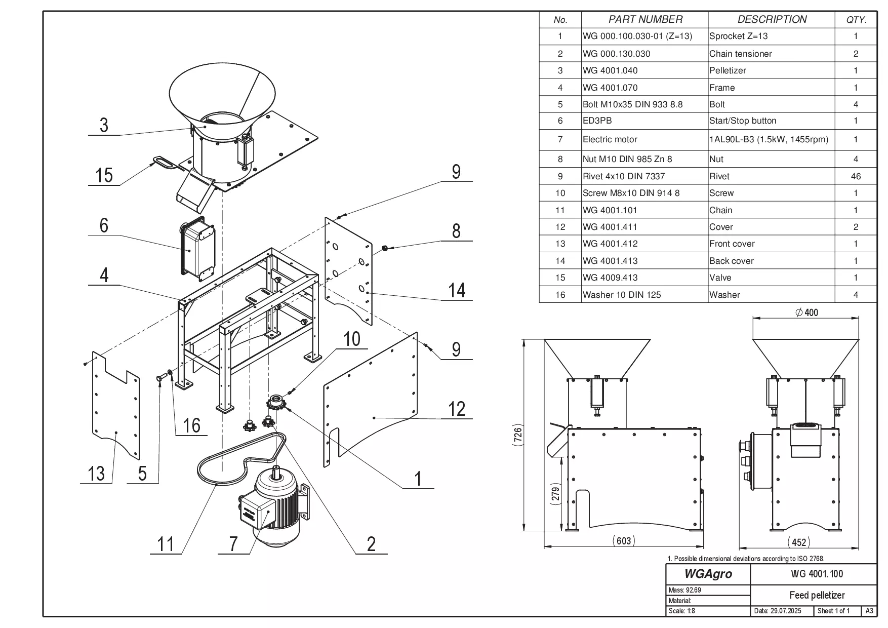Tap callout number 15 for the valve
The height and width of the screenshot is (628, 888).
[x=104, y=175]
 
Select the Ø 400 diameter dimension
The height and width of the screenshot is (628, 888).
[x=806, y=312]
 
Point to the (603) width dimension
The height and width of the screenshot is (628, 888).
[x=623, y=540]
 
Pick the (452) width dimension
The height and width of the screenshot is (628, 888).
[x=798, y=542]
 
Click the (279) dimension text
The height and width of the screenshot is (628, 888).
[x=555, y=494]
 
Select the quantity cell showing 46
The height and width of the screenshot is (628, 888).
[x=856, y=176]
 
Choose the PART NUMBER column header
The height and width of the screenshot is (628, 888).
[x=645, y=20]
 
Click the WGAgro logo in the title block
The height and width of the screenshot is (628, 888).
[x=708, y=574]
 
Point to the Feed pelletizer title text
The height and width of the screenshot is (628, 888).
[x=817, y=595]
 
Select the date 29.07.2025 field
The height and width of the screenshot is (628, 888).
[x=778, y=611]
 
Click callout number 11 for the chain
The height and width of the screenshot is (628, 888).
[x=166, y=544]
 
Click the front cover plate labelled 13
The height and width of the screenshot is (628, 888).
[x=115, y=405]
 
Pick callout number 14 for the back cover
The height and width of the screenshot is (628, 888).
[x=456, y=290]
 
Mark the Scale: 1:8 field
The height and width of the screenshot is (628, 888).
[x=682, y=611]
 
